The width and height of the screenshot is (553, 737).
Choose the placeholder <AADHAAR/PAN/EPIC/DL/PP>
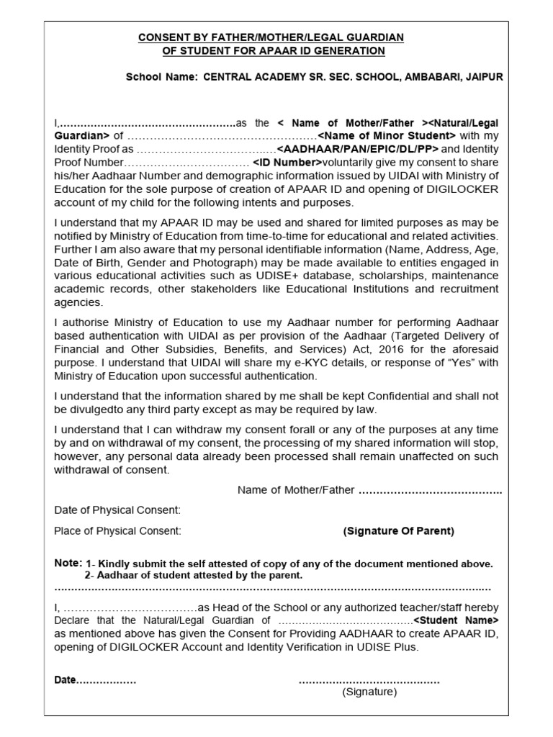pyautogui.click(x=356, y=149)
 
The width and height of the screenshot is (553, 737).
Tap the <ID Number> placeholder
pyautogui.click(x=287, y=163)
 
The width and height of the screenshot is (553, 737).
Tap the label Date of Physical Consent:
pyautogui.click(x=117, y=510)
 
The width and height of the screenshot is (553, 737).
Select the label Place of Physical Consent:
pyautogui.click(x=118, y=531)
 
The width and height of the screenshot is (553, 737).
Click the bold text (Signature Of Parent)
pyautogui.click(x=398, y=531)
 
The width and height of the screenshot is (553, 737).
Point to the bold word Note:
pyautogui.click(x=68, y=563)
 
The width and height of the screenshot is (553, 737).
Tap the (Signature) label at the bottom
pyautogui.click(x=369, y=692)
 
